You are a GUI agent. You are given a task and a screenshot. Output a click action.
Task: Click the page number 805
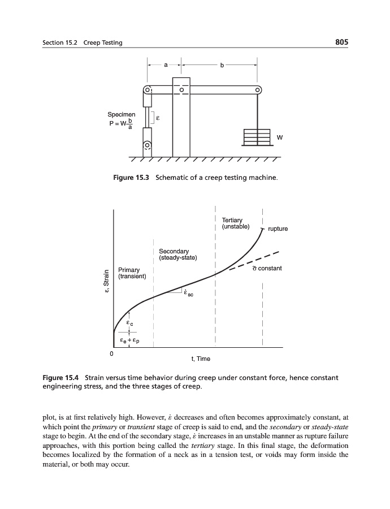[x=341, y=42]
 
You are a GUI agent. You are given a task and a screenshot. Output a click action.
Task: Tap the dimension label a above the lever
[x=165, y=65]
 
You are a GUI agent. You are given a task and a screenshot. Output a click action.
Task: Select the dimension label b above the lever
[x=222, y=65]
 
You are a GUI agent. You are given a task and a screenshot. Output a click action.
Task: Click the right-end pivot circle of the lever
[x=258, y=89]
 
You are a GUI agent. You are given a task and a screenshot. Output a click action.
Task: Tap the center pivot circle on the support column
[x=181, y=89]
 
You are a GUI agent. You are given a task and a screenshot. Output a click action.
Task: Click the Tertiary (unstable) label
[x=232, y=223]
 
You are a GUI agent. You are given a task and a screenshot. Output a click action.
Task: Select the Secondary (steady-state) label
[x=177, y=254]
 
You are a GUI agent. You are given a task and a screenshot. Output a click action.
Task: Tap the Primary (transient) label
[x=132, y=273]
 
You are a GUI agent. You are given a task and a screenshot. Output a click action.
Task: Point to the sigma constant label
[x=267, y=268]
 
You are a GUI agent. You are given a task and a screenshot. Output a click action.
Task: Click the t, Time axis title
[x=201, y=359]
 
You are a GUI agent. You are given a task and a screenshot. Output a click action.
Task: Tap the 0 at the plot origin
[x=111, y=353]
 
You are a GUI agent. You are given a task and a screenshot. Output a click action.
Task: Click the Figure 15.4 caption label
[x=61, y=377]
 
